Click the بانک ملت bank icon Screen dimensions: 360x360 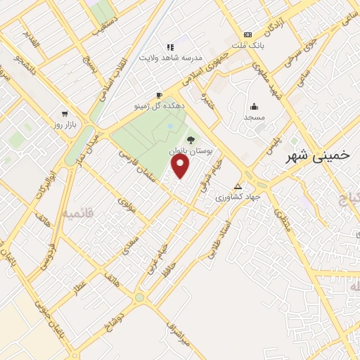click(247, 34)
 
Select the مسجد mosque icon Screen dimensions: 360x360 click(252, 107)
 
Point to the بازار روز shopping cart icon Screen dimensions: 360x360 click(65, 113)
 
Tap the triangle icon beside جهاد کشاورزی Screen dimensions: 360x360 click(238, 187)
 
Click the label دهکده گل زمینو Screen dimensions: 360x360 click(159, 105)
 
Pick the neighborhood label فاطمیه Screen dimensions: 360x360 click(79, 212)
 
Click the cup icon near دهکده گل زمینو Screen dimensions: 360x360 click(160, 95)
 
